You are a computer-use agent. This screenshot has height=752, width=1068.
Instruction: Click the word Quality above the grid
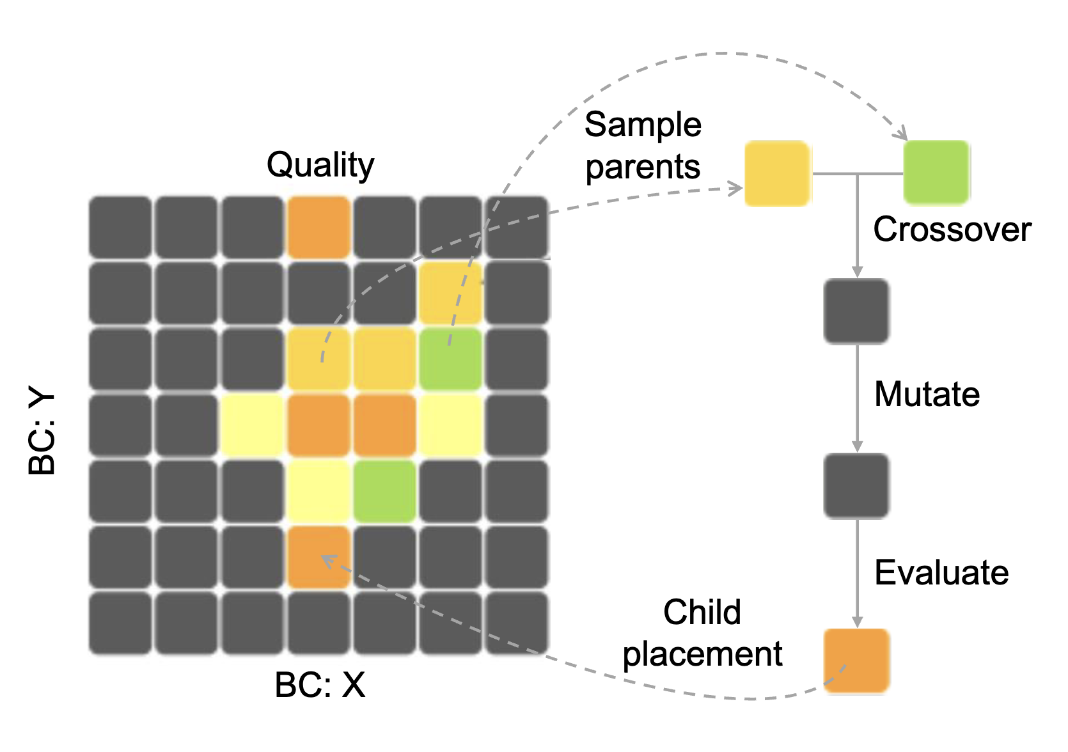coord(320,166)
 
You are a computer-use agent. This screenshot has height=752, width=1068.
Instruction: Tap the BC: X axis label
coord(320,685)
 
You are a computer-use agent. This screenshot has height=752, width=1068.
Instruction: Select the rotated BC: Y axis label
coord(42,433)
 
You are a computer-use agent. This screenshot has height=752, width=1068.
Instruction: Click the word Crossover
coord(952,230)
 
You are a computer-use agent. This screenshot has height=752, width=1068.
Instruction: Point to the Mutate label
coord(927,394)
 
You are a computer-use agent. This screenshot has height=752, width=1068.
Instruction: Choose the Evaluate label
coord(941,572)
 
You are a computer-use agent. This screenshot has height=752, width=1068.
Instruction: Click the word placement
coord(702,654)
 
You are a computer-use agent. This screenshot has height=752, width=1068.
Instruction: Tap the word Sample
coord(643,124)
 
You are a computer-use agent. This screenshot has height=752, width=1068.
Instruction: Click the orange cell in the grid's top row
coord(319,228)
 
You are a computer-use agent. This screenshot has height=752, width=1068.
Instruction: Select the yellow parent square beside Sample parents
coord(777,173)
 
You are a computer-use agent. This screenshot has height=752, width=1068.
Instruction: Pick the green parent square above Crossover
coord(936,172)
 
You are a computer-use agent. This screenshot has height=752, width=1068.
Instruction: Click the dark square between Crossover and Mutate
coord(856,311)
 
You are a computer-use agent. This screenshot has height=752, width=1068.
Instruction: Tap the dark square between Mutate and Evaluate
coord(856,485)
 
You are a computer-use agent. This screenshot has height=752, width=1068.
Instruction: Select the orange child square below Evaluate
coord(856,661)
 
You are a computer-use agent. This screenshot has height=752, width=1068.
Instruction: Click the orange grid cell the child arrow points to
coord(319,557)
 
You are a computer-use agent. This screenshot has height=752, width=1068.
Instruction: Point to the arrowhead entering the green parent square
coord(902,134)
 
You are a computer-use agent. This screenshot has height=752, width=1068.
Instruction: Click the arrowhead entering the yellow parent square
coord(737,188)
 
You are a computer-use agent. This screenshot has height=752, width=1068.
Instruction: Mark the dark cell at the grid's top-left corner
coord(120,228)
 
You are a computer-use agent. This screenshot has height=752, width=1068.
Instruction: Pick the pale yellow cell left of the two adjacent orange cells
coord(253,425)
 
